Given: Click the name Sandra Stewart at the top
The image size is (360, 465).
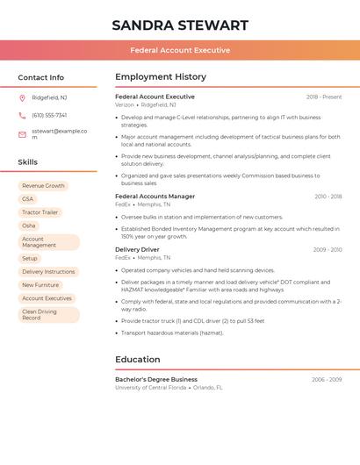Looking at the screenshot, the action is pos(180,25).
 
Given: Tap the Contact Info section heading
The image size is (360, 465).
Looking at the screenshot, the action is pos(40,77).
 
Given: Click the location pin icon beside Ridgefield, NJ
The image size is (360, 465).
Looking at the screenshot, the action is pos(22,97).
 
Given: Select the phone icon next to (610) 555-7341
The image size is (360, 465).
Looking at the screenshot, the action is pos(22,115).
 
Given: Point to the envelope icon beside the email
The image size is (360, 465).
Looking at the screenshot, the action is pos(22,133).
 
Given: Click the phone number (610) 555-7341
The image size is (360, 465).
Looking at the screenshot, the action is pos(49,115).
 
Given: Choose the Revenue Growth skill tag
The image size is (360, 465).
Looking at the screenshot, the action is pos(43,186).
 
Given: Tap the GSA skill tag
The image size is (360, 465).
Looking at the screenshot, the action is pos(28,199).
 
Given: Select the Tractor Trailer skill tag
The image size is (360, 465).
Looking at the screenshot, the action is pos(40,212).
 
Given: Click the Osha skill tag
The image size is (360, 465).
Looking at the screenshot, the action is pos(29,225).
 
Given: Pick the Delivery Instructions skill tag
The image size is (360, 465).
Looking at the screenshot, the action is pos(48,272).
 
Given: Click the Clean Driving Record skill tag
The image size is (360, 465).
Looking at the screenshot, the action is pos(40,314).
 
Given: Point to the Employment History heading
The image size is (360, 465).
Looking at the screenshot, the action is pos(161,77).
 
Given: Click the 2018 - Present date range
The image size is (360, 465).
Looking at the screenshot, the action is pos(324,97).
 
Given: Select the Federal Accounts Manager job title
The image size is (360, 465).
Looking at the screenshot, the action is pos(155,197).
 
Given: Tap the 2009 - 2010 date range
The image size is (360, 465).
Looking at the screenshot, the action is pos(328,250).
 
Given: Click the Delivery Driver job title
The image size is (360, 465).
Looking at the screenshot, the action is pos(137,250).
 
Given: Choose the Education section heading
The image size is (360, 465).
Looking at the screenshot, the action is pos(138,359).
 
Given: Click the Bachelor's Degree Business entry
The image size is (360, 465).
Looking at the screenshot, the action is pos(156,380).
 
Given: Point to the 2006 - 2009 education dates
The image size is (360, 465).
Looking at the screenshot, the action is pos(327,380).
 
